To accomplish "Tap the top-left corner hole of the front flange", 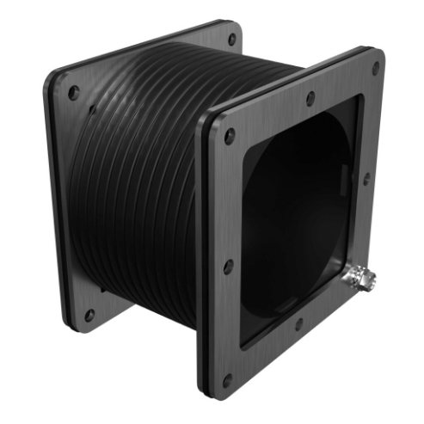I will pos(229,135).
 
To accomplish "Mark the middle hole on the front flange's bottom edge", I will pos(297,326).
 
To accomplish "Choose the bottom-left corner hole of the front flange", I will pos(227,378).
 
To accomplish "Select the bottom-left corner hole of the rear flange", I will pos(89,315).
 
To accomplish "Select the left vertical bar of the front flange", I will pos(220,258).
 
